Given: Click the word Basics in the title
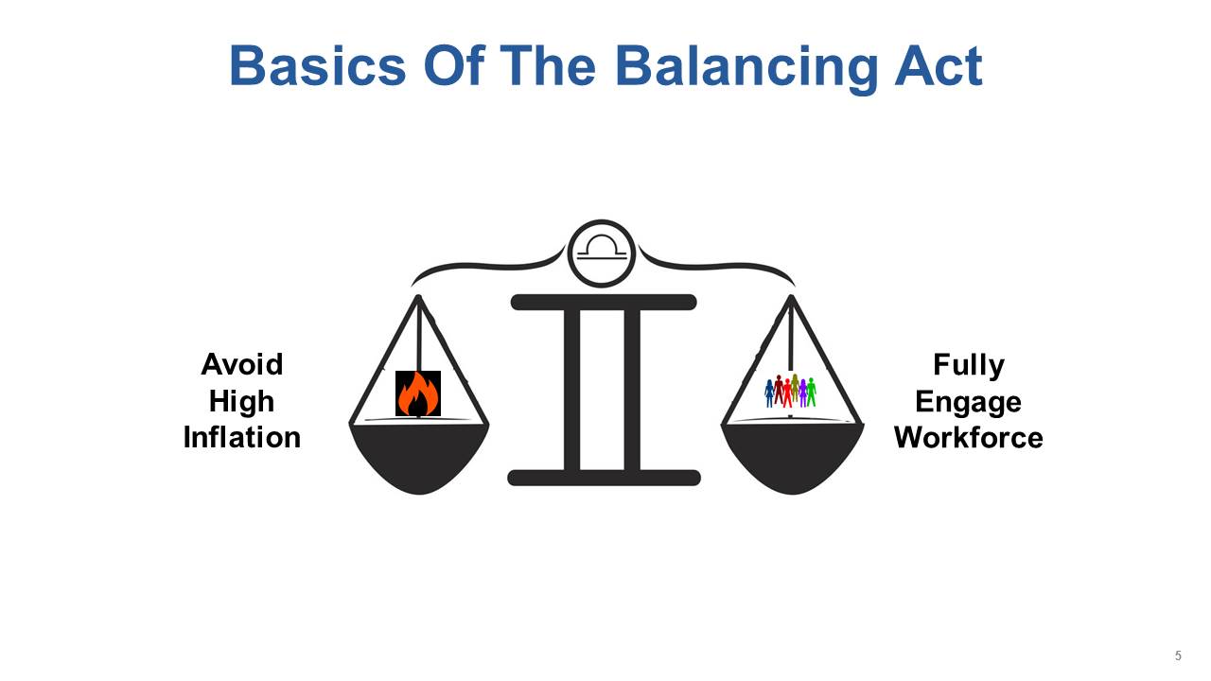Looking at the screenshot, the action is [x=317, y=66].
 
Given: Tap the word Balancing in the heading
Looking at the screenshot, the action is [x=746, y=69].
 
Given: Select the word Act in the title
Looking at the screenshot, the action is [x=939, y=66].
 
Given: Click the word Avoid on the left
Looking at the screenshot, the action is [x=241, y=364].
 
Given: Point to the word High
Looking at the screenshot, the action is [x=241, y=402].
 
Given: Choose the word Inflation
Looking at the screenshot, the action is [x=241, y=437].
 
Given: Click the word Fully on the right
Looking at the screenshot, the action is [x=969, y=366].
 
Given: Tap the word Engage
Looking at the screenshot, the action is [x=968, y=403].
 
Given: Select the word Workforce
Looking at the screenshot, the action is [x=968, y=437].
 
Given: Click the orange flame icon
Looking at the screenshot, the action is [x=418, y=393].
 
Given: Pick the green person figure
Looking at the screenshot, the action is [x=811, y=393].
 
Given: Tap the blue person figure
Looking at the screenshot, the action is [x=769, y=393].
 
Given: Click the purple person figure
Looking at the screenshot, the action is [x=803, y=393].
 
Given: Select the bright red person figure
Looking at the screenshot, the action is [x=787, y=393].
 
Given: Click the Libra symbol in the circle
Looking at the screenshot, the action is [x=602, y=249].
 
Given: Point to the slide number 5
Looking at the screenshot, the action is [x=1178, y=655].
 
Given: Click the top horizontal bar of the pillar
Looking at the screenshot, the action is [x=604, y=302].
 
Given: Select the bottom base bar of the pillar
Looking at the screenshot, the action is [x=604, y=478].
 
